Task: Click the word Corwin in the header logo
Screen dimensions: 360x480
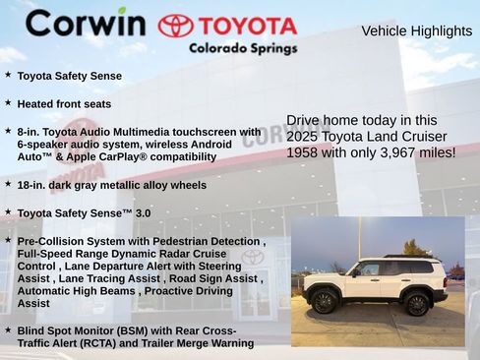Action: (x=85, y=23)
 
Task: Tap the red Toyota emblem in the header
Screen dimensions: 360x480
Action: (x=176, y=26)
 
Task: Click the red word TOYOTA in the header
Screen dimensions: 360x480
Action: (x=247, y=26)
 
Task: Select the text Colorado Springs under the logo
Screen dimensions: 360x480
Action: (x=243, y=47)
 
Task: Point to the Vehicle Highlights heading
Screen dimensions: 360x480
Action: (x=416, y=31)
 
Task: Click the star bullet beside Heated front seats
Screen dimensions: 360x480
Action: (x=8, y=102)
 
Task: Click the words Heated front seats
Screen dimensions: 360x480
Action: (x=64, y=103)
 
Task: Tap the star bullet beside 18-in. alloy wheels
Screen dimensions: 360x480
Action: (x=8, y=183)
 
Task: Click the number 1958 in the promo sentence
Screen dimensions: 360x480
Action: (x=303, y=152)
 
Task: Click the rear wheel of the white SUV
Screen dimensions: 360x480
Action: (x=417, y=304)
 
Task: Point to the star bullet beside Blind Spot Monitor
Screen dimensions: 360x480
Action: (x=8, y=330)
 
